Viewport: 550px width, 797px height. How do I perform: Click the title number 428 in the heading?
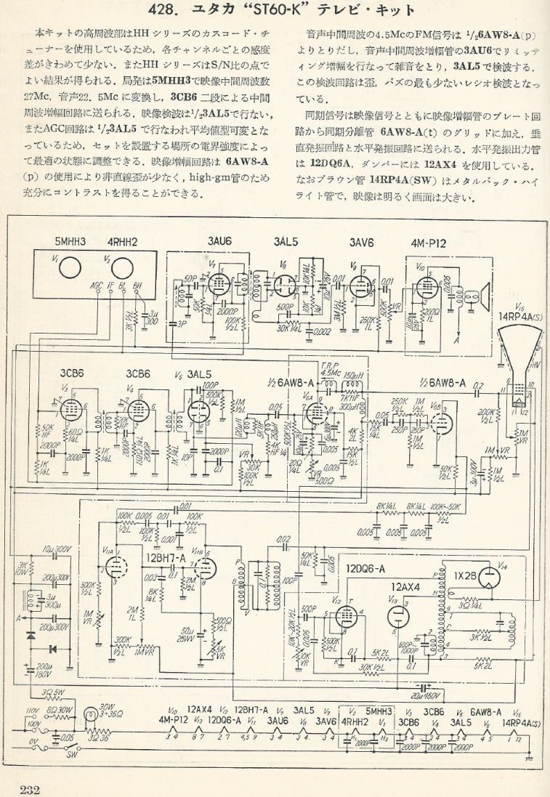click(x=165, y=10)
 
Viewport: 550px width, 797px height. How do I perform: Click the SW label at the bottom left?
click(x=52, y=755)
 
